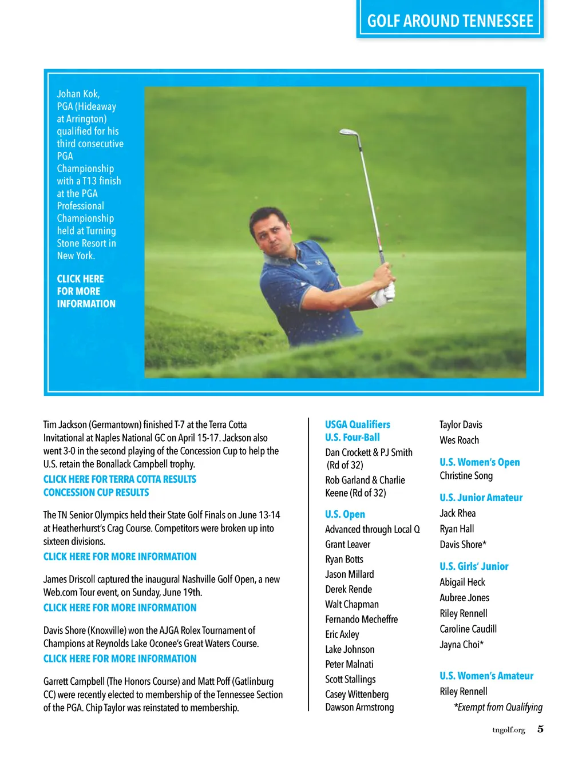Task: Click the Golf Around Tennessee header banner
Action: [450, 21]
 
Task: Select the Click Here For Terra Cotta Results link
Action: [120, 479]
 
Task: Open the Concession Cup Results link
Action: [96, 493]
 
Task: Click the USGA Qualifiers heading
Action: [358, 424]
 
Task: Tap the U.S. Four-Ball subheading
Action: [353, 438]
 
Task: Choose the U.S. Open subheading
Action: [345, 514]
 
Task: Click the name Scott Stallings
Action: [350, 680]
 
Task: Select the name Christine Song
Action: [466, 476]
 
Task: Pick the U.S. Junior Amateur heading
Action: [481, 498]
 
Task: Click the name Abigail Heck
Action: [462, 582]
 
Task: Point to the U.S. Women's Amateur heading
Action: [486, 676]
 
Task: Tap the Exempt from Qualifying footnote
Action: [498, 708]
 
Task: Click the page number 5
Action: [540, 729]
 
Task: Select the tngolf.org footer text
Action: [508, 730]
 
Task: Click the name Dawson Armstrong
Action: [359, 708]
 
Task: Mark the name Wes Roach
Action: [459, 440]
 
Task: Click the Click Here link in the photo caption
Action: [86, 291]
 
